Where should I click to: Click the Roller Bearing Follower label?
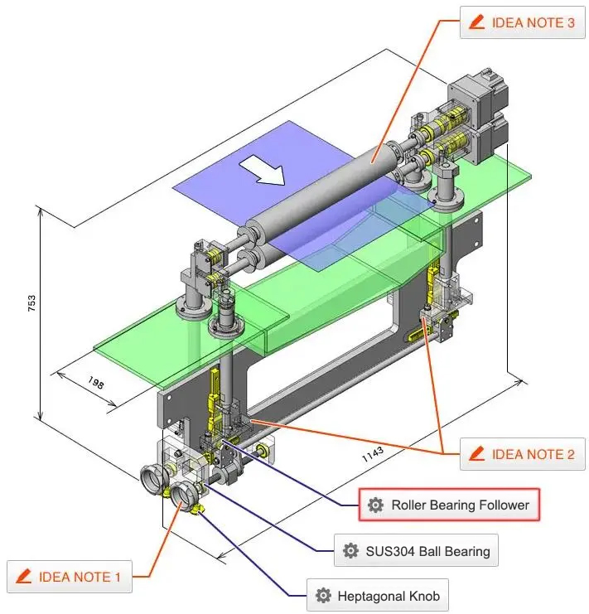(448, 505)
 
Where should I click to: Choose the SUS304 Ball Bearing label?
(416, 550)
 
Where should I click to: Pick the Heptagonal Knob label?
(378, 595)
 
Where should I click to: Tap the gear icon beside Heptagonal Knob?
(323, 595)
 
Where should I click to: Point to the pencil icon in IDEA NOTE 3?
(476, 23)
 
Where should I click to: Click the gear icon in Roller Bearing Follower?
(375, 505)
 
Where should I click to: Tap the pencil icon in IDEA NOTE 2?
(476, 454)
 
